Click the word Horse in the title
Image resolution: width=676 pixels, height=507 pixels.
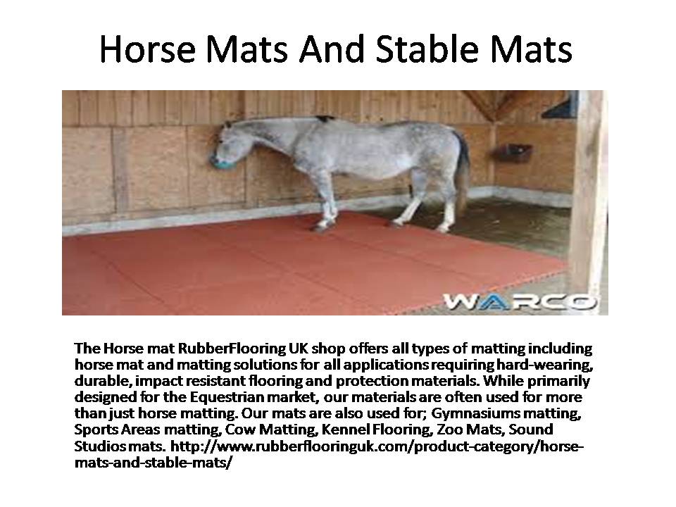(x=147, y=49)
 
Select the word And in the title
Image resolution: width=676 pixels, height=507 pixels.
(x=333, y=49)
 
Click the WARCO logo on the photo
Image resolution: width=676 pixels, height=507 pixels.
(x=520, y=301)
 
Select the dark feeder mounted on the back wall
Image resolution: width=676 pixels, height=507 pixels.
(x=513, y=153)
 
